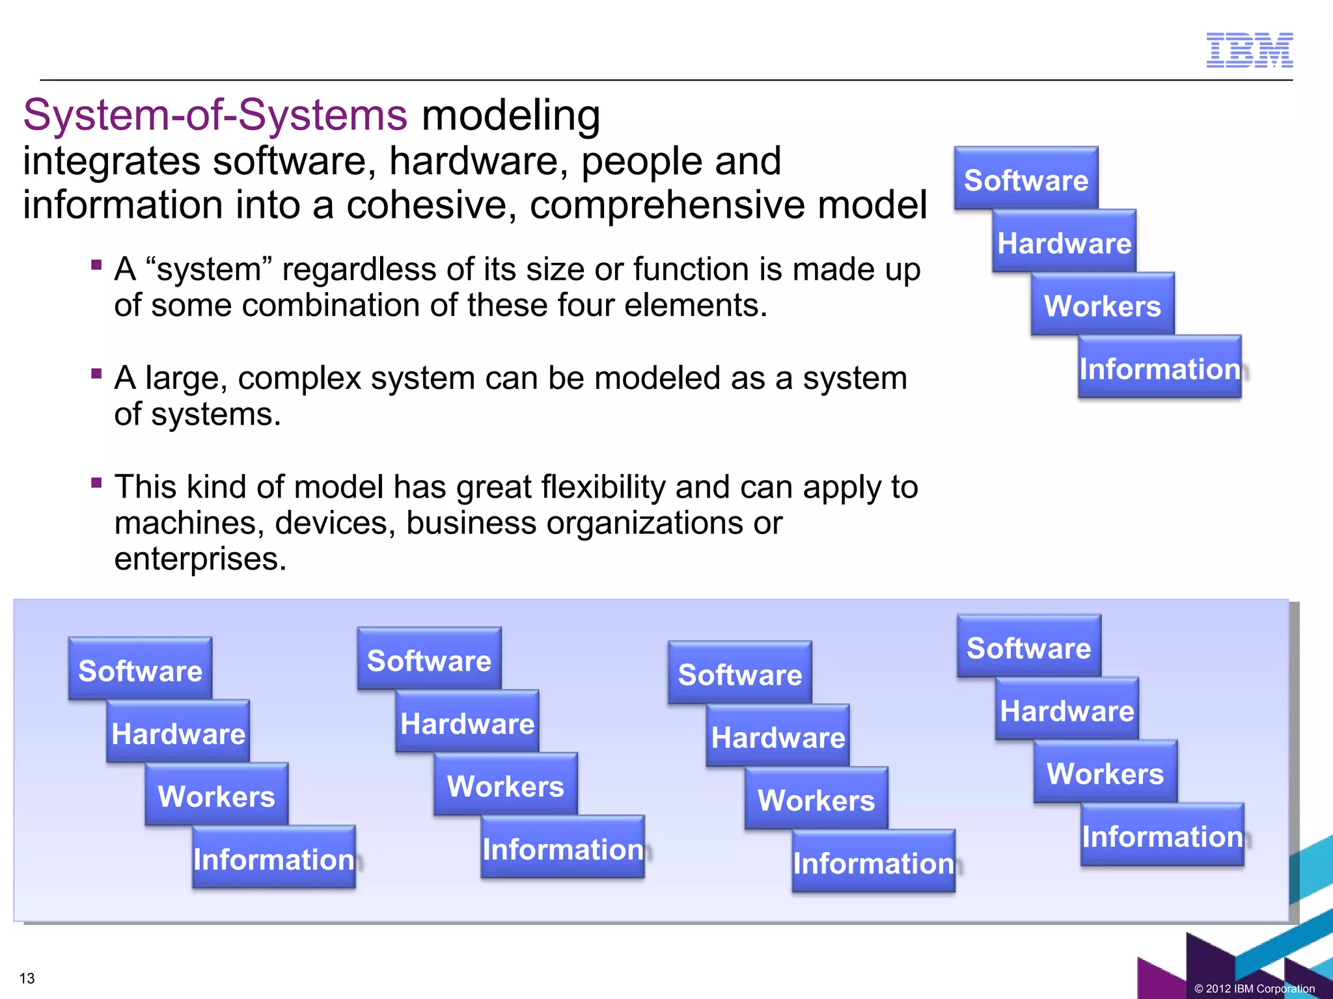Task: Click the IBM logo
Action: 1249,50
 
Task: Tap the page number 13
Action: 27,978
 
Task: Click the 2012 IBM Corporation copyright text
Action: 1254,989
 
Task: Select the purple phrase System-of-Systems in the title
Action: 215,115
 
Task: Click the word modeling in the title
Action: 511,115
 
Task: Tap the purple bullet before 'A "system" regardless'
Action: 97,265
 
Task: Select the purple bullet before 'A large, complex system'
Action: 97,373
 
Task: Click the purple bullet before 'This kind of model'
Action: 97,483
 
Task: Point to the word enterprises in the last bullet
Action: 200,559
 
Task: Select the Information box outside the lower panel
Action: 1159,367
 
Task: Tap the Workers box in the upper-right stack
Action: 1103,305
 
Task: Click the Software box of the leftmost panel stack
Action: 140,669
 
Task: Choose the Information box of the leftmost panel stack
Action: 273,859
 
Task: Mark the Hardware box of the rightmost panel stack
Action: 1067,710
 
